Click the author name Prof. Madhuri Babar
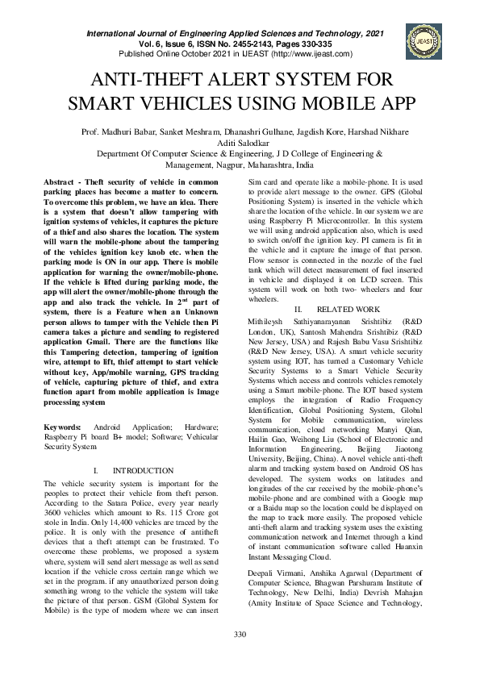(x=114, y=131)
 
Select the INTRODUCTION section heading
(x=143, y=470)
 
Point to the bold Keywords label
(x=62, y=425)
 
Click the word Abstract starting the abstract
(x=61, y=183)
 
